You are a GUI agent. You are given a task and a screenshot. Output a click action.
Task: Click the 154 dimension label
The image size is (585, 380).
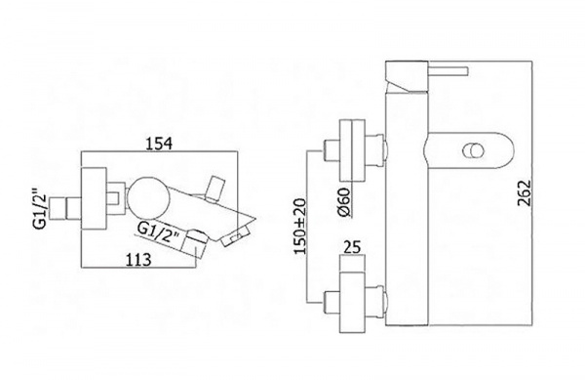(x=159, y=143)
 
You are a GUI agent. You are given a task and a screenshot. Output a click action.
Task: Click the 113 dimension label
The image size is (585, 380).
(x=137, y=259)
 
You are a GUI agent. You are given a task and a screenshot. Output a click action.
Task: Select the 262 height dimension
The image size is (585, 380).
(x=524, y=192)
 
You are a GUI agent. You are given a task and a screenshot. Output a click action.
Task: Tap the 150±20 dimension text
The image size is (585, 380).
(x=300, y=226)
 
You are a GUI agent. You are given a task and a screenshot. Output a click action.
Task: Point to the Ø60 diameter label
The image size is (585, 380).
(x=344, y=202)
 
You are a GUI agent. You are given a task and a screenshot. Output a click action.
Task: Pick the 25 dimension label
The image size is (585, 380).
(x=353, y=247)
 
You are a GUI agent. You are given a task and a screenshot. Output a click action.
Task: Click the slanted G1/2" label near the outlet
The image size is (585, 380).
(x=159, y=232)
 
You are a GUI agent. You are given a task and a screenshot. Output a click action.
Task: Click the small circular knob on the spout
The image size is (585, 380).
(x=473, y=151)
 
